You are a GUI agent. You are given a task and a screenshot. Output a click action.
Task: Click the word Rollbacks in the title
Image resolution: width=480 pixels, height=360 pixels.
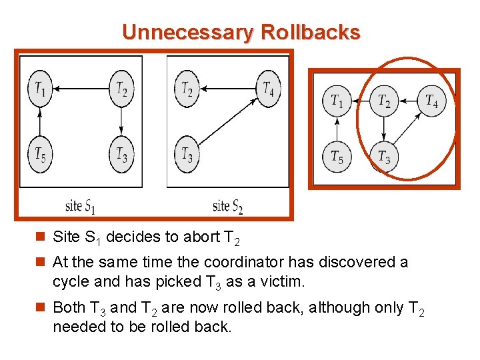[311, 32]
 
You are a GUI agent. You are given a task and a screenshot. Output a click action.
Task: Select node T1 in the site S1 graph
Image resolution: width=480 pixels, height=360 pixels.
[41, 89]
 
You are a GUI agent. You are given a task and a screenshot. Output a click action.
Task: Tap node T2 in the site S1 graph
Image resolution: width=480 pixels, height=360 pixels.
[121, 89]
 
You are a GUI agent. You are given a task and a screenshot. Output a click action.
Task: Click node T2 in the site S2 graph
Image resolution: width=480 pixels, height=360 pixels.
[187, 89]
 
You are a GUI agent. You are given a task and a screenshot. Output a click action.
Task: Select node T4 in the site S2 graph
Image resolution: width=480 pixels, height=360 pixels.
[268, 89]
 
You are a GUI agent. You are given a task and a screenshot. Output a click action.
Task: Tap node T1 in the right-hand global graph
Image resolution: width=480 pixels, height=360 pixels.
[337, 101]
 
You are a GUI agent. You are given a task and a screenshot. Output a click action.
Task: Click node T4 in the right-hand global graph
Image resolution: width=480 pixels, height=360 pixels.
[432, 101]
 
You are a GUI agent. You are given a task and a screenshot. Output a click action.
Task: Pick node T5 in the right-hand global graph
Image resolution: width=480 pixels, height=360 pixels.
[337, 157]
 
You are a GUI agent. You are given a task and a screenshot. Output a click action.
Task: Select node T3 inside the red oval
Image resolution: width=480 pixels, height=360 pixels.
[384, 157]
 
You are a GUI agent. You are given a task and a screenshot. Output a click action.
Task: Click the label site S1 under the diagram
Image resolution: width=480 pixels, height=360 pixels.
[81, 207]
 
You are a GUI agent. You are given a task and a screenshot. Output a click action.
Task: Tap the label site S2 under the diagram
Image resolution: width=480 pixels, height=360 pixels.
[228, 207]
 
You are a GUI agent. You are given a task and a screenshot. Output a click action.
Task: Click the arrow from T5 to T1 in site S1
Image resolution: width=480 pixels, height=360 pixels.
[41, 121]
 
